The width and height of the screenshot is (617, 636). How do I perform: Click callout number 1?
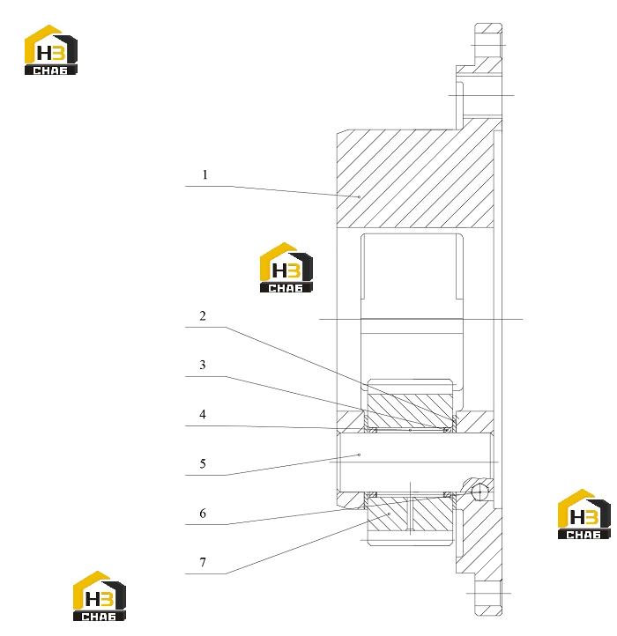point(205,174)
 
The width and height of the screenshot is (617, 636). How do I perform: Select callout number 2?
point(203,316)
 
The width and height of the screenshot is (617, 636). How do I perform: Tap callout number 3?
point(203,365)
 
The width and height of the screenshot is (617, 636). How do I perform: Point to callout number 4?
point(203,415)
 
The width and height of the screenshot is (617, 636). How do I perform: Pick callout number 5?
point(203,463)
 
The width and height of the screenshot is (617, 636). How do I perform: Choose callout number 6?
point(203,514)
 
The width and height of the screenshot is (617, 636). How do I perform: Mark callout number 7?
point(203,563)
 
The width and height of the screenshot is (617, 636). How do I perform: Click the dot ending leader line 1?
point(359,196)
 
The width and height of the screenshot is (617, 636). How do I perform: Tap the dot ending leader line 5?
point(359,455)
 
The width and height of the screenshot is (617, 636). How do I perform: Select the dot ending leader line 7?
point(389,514)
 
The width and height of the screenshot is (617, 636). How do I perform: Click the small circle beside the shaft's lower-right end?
point(479,492)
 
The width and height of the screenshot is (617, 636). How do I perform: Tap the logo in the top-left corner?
point(51,49)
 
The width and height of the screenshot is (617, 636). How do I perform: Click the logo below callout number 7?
point(99,595)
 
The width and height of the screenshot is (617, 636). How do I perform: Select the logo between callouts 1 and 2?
point(286,267)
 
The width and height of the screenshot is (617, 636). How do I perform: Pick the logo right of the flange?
point(584,514)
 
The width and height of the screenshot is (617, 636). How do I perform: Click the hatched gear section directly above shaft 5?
point(410,410)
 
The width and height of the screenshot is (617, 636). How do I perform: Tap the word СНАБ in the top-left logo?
point(50,70)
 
